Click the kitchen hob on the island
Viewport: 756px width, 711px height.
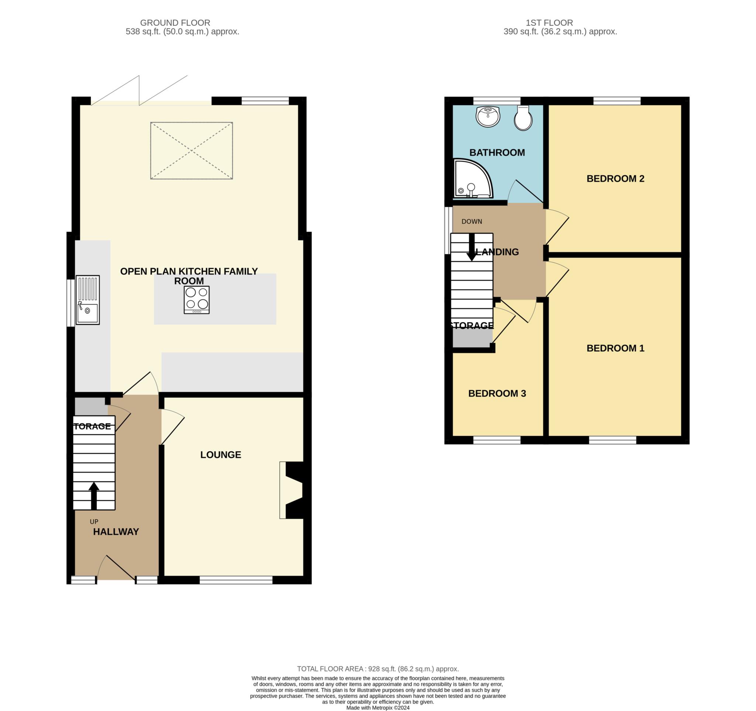[x=197, y=300]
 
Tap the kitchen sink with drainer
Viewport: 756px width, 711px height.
[x=87, y=300]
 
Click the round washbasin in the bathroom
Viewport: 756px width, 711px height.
[x=488, y=116]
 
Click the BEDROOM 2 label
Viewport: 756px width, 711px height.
[x=615, y=179]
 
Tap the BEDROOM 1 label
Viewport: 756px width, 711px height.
[x=615, y=348]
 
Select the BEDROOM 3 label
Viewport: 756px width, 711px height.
[x=497, y=393]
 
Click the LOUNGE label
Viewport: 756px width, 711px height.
[x=221, y=455]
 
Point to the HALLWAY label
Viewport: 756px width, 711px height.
[x=116, y=532]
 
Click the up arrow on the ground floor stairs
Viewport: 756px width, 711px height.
[x=94, y=496]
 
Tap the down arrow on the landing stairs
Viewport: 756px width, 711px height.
[x=471, y=247]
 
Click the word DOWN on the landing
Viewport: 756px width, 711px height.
[x=471, y=221]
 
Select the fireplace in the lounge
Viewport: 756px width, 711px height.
[x=292, y=490]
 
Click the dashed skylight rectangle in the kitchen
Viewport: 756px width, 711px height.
[x=191, y=151]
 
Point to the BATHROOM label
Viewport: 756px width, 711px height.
[x=497, y=152]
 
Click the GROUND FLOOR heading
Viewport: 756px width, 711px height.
[x=175, y=23]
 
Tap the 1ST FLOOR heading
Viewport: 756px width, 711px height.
[x=549, y=23]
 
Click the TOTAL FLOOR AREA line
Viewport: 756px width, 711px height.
[x=378, y=669]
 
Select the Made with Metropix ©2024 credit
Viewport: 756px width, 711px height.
[x=378, y=708]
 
